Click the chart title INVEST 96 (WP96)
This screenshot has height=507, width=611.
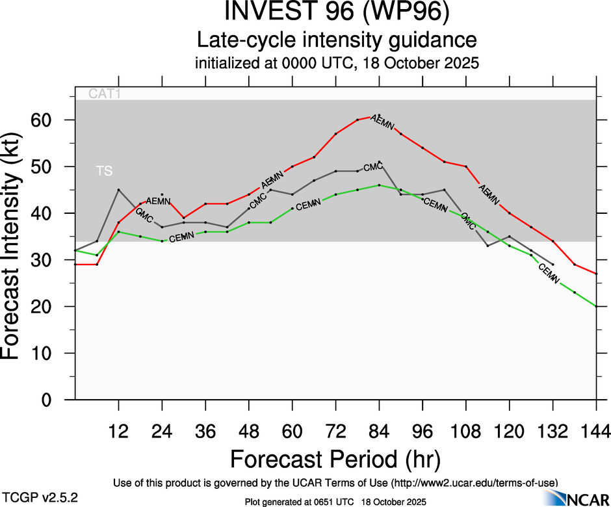click(x=337, y=12)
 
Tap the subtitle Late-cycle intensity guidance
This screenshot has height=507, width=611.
click(x=337, y=40)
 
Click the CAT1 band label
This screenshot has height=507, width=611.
click(x=105, y=94)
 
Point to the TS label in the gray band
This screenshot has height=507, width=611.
click(x=104, y=172)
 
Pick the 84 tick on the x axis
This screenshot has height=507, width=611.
click(x=379, y=431)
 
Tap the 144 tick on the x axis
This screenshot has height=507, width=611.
click(x=596, y=431)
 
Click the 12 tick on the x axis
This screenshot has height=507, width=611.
click(x=118, y=431)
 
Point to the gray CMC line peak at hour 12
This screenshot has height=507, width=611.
click(x=118, y=190)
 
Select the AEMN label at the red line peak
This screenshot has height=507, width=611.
click(x=382, y=121)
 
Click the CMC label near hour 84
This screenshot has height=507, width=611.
click(x=372, y=168)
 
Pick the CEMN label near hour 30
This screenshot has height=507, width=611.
click(x=181, y=239)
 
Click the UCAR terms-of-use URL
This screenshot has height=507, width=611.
click(x=474, y=482)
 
